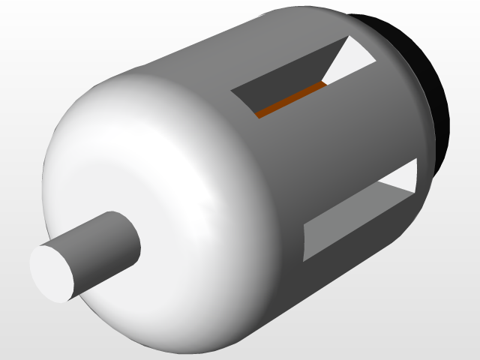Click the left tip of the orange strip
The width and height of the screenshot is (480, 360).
pyautogui.click(x=258, y=115)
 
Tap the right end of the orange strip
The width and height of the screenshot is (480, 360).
pyautogui.click(x=325, y=85)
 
